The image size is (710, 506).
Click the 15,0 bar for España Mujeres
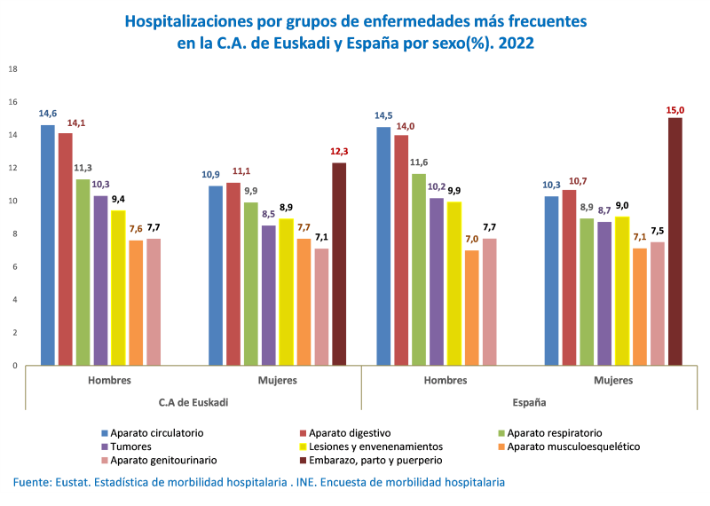click(675, 241)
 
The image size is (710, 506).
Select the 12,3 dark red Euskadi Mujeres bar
click(339, 264)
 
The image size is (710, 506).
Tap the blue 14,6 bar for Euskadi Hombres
click(48, 245)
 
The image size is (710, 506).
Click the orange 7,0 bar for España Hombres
click(471, 307)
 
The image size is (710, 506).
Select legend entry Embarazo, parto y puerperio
click(375, 461)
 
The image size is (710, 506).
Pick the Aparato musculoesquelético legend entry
click(573, 447)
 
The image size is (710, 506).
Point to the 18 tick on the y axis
click(12, 69)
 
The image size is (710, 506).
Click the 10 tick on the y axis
click(12, 201)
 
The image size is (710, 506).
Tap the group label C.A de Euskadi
click(193, 401)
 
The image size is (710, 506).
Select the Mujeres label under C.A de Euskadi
click(278, 380)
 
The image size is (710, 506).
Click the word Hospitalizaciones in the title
click(193, 20)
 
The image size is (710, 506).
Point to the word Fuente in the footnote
click(33, 482)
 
